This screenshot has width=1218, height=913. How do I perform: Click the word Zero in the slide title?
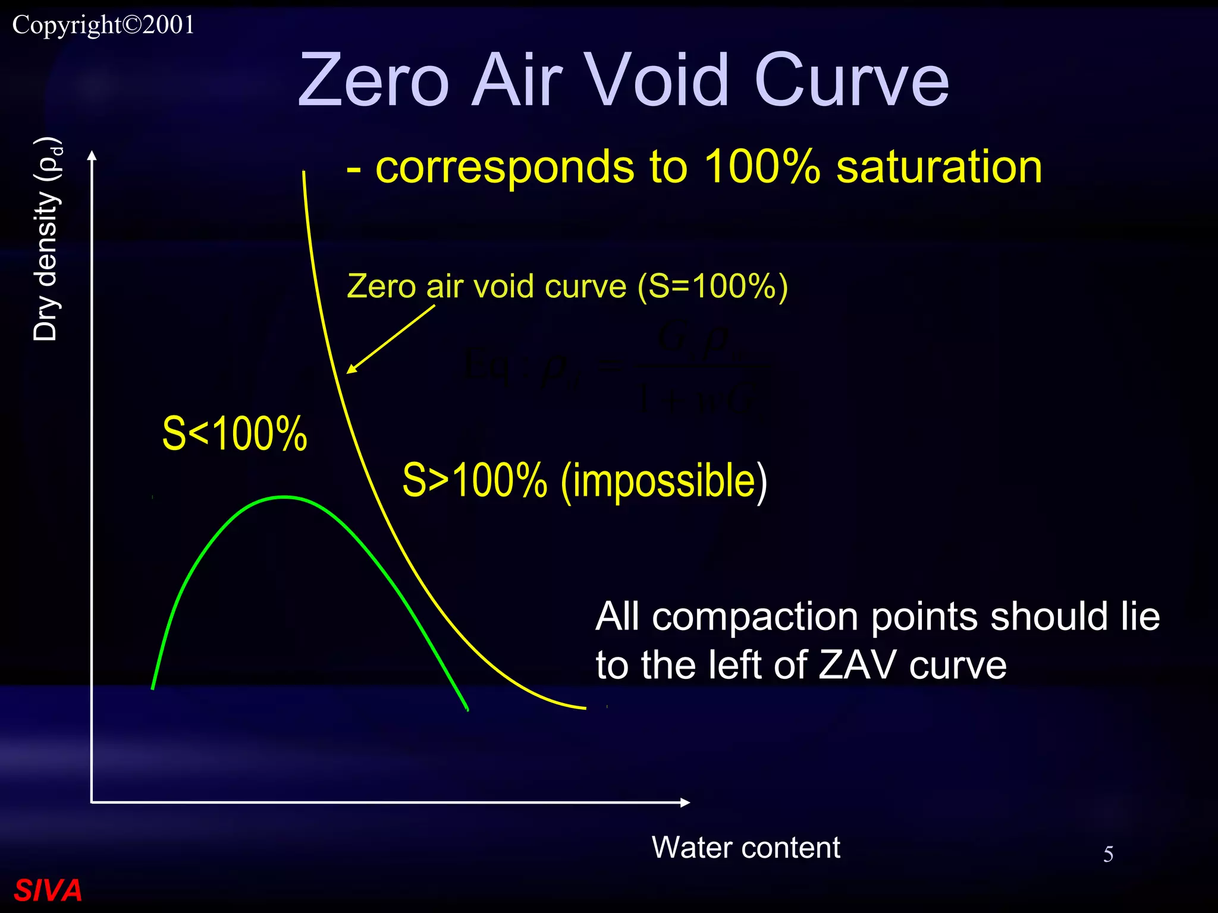(373, 80)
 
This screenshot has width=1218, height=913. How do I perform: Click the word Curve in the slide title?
(851, 80)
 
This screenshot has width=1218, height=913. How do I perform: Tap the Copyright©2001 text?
(103, 25)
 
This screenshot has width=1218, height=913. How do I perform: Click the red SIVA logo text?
(48, 890)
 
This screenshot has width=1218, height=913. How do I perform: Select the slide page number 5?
(1108, 854)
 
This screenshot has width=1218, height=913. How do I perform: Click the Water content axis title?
(746, 847)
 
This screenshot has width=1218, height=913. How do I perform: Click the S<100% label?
(234, 434)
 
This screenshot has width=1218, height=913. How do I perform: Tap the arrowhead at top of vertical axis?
(92, 156)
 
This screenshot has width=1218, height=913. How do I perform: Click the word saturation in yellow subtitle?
(939, 167)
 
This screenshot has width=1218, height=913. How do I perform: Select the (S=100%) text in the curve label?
(712, 287)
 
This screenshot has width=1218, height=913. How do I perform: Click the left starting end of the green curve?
(153, 687)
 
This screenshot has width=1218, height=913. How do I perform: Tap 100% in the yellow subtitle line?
(762, 167)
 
